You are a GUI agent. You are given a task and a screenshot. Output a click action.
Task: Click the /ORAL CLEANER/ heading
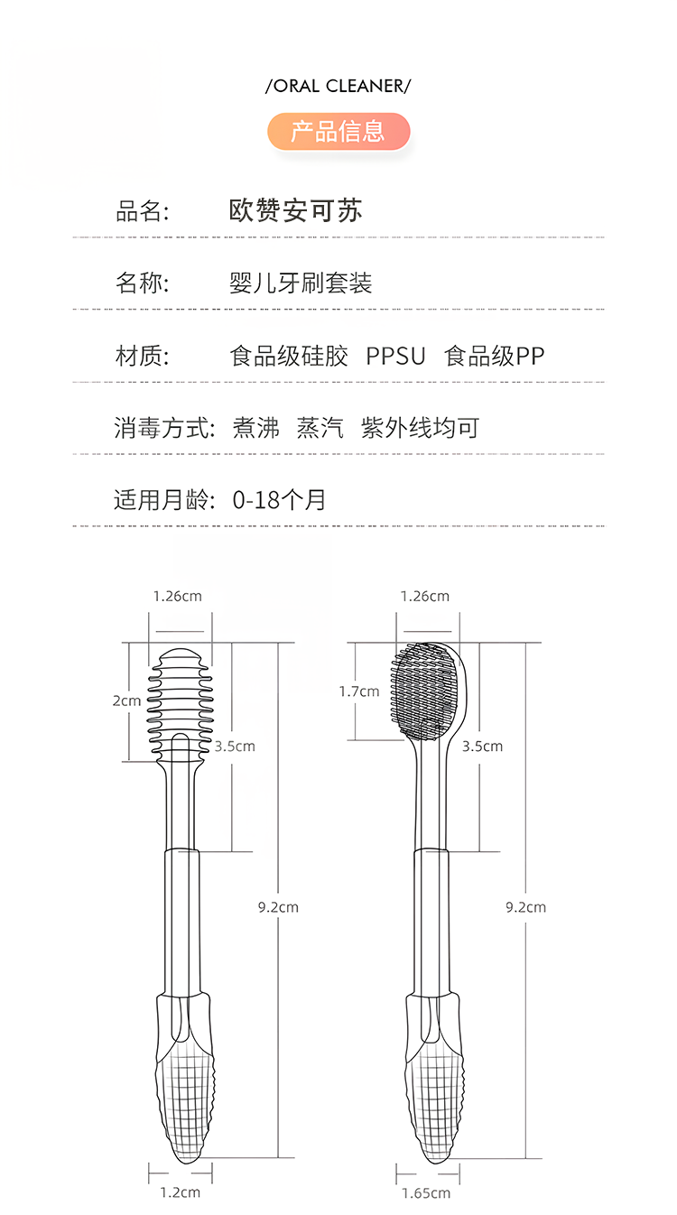point(338,86)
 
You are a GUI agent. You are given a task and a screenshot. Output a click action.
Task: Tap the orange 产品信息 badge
point(338,132)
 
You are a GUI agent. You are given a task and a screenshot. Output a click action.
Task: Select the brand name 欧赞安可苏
point(296,211)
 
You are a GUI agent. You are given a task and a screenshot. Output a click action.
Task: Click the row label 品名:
point(143,211)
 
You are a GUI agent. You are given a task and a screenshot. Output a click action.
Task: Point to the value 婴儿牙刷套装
point(301,283)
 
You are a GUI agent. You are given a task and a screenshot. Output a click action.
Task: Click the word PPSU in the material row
point(395,356)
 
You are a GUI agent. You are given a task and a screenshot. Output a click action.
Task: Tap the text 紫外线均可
point(420,427)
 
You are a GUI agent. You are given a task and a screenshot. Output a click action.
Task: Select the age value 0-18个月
point(279,499)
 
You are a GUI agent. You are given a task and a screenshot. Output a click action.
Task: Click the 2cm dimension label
point(126,700)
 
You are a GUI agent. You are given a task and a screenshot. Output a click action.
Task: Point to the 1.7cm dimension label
point(359,691)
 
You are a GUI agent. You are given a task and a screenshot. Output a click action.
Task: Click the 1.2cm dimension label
point(180,1192)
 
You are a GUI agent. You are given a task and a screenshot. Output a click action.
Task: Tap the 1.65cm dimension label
point(426,1193)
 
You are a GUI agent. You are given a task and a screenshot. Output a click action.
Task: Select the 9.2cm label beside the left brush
point(277,907)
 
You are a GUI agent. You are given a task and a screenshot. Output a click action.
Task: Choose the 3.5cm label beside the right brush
point(482,747)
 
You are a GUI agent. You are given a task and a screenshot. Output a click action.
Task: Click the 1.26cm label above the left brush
point(177,596)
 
